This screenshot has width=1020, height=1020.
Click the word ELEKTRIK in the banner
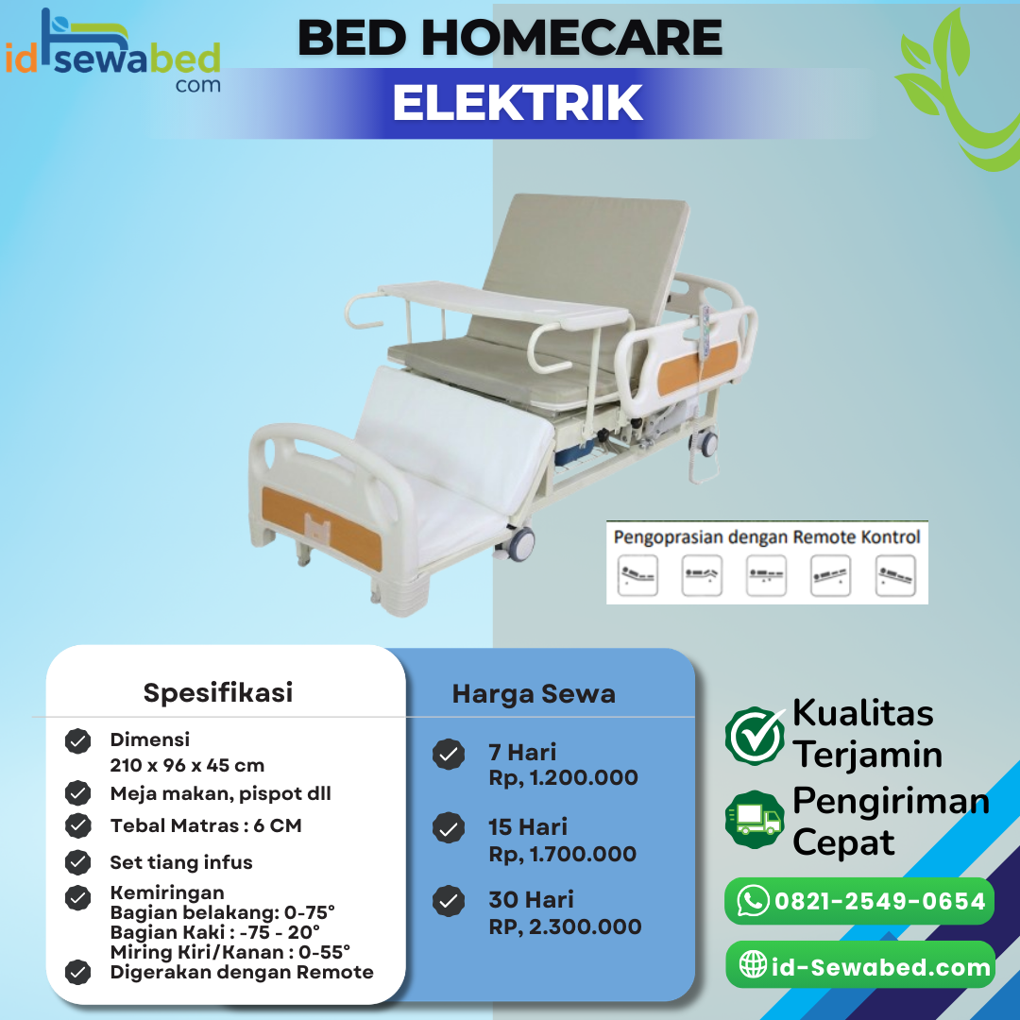[x=518, y=104]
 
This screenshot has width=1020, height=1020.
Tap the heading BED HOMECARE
[x=510, y=38]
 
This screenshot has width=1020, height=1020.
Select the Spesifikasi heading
[x=218, y=692]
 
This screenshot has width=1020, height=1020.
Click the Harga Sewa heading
[x=534, y=694]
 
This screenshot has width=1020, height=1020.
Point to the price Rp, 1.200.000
[x=563, y=778]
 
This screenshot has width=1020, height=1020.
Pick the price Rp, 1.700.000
[x=562, y=854]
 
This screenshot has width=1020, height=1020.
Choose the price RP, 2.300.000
[x=565, y=927]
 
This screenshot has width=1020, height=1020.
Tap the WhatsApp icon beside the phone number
[x=753, y=900]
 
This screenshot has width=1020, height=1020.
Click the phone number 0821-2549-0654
[x=879, y=901]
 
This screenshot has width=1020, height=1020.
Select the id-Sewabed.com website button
[x=860, y=965]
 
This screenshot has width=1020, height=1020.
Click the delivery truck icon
[x=755, y=819]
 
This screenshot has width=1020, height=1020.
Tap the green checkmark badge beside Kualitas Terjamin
[x=755, y=737]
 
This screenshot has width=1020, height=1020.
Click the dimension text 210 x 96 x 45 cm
[x=187, y=765]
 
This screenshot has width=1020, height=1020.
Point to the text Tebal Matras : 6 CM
[x=206, y=825]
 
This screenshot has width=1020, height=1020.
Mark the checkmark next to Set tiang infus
[x=77, y=862]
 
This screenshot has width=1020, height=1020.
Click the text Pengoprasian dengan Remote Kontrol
[x=766, y=537]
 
